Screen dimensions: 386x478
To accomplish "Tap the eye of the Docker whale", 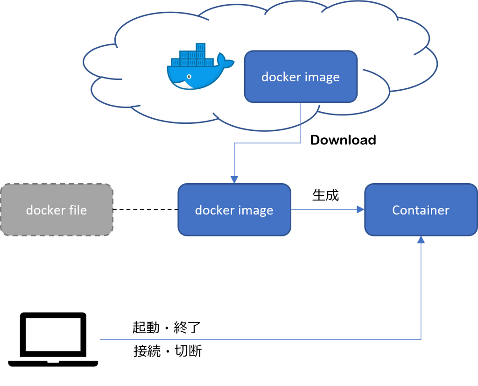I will click(189, 77).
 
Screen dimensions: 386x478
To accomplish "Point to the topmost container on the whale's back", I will click(201, 47).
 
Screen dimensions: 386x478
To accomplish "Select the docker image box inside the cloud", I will click(301, 77).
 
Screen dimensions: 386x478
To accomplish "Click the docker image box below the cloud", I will click(234, 209).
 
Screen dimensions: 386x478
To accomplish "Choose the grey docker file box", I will click(56, 209).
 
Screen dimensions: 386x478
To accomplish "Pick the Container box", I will click(421, 209).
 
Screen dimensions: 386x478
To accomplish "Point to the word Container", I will click(421, 210).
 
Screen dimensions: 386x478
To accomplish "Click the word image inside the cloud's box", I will click(323, 78).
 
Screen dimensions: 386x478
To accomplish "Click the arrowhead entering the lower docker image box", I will click(234, 179).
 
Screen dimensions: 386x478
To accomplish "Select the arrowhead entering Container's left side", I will click(360, 209).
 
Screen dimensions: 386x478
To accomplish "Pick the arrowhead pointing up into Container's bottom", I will click(421, 239).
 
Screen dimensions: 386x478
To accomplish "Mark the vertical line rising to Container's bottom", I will click(421, 290).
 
